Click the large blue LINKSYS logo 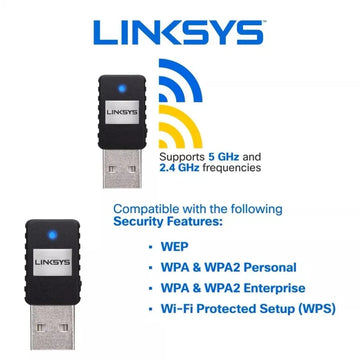178,32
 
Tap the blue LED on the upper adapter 122,89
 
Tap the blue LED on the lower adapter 52,235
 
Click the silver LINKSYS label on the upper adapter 122,112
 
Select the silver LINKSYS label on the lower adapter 53,262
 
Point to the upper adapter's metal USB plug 122,168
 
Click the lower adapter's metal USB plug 53,327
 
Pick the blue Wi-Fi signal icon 180,80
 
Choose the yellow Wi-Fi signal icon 180,127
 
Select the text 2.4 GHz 179,168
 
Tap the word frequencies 232,168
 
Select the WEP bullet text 175,247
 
